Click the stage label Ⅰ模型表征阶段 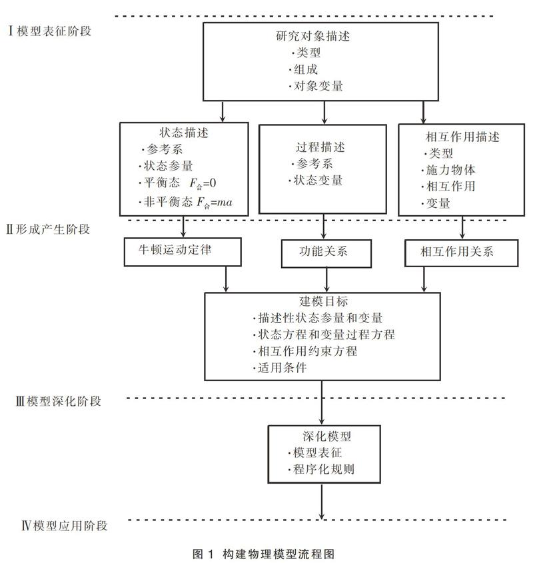49,31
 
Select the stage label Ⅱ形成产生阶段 48,229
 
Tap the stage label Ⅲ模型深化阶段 58,401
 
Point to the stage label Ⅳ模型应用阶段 65,526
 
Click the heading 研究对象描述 313,36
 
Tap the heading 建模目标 323,301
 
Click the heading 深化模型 326,436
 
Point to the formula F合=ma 215,203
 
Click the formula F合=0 203,184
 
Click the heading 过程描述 320,147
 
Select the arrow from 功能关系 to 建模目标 326,280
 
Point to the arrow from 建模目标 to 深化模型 321,402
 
